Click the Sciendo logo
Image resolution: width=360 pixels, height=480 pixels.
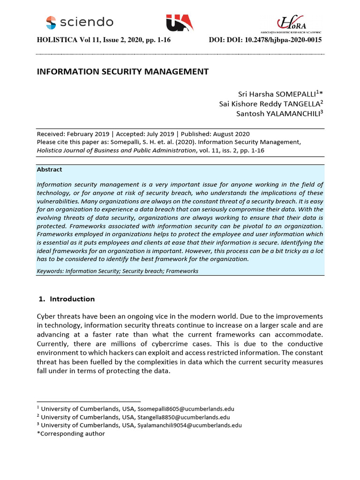pos(79,22)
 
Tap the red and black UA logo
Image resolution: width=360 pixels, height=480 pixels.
pos(179,22)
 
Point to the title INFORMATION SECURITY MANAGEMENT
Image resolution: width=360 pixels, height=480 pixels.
pos(122,72)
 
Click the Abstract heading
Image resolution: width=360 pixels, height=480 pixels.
pos(50,170)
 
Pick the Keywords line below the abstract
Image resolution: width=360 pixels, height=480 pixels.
pos(118,271)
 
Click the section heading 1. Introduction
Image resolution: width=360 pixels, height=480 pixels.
pos(66,299)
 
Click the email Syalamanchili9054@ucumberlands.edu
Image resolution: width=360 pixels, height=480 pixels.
pos(189,425)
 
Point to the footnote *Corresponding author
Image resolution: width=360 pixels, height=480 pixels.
pos(71,434)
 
